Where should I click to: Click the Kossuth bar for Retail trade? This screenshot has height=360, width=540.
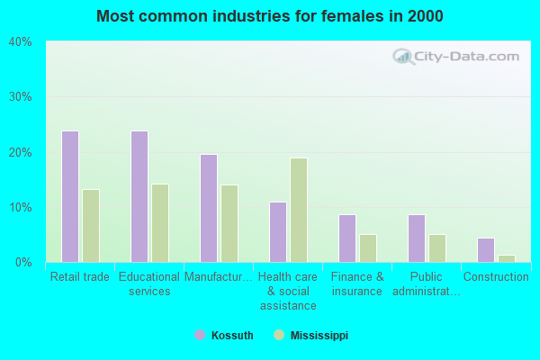[70, 196]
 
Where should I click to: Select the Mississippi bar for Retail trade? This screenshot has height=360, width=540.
[91, 226]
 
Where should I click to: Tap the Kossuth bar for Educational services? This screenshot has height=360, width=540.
[139, 196]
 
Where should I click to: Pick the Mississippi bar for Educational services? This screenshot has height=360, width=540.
[160, 223]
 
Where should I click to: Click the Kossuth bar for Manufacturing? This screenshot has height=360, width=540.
[209, 208]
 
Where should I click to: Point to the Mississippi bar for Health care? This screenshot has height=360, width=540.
[299, 210]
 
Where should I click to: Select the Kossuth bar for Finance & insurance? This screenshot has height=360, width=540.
[347, 238]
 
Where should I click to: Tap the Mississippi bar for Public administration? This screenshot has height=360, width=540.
[437, 248]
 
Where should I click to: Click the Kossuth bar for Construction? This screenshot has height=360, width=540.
[486, 250]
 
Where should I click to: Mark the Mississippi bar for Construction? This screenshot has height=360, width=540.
[507, 258]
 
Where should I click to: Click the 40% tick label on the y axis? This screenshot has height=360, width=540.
[20, 41]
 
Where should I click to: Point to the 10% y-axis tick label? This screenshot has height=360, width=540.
[20, 207]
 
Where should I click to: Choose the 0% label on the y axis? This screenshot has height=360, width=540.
[22, 262]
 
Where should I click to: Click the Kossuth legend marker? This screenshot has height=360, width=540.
[200, 335]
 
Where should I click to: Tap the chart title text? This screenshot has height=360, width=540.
[270, 16]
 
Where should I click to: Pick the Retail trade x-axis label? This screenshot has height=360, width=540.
[80, 277]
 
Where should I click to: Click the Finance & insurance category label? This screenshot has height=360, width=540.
[357, 283]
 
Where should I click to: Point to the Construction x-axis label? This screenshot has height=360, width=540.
[496, 277]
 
